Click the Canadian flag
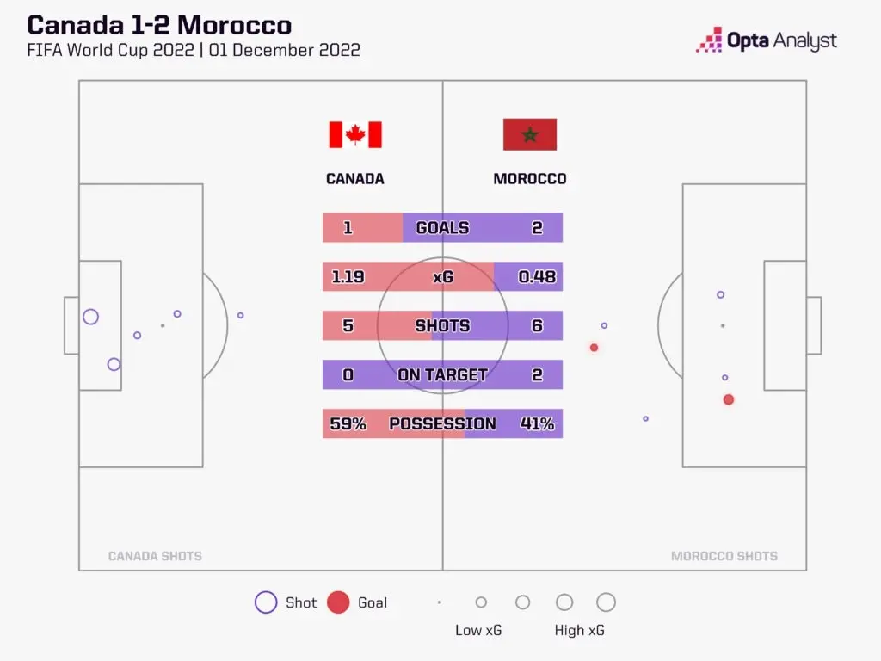click(x=355, y=135)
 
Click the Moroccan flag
click(x=530, y=134)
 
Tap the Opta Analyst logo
click(x=767, y=40)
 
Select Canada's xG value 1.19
click(x=348, y=276)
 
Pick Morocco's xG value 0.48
click(x=537, y=276)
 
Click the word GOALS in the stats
click(x=442, y=227)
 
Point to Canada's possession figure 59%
click(x=348, y=423)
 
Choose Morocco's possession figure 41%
click(x=537, y=423)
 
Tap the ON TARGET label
click(x=442, y=374)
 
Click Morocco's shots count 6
click(x=537, y=325)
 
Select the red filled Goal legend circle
click(x=338, y=602)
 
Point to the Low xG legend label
click(x=478, y=630)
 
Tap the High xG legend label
click(x=579, y=630)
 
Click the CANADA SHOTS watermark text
click(x=155, y=556)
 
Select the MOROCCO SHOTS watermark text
click(x=724, y=556)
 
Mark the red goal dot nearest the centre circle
click(x=594, y=348)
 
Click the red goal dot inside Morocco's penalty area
click(x=729, y=399)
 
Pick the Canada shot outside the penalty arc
click(x=241, y=315)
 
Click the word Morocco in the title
click(x=234, y=25)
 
